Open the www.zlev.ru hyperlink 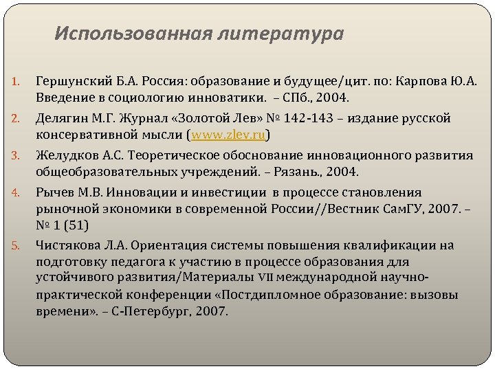pos(228,135)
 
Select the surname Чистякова pos(69,245)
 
